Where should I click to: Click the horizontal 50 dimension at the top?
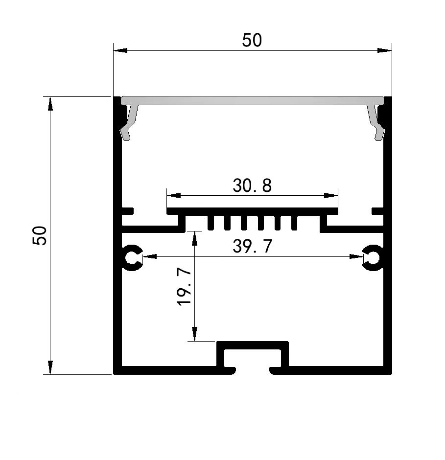252,41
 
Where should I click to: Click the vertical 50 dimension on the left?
39,235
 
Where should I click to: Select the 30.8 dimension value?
252,185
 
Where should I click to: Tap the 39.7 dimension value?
252,246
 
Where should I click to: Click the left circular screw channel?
132,256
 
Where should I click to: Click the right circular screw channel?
374,256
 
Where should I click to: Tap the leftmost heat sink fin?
211,223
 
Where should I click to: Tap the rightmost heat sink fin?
294,223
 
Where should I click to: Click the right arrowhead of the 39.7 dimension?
356,256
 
